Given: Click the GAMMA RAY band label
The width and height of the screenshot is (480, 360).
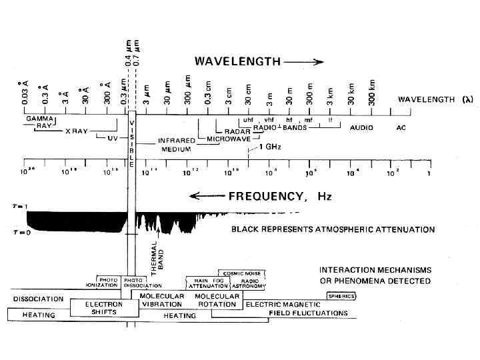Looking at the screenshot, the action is (39, 121).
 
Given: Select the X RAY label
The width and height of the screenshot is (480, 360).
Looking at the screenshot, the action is (76, 131).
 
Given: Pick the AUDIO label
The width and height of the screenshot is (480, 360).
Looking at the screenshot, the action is (362, 127).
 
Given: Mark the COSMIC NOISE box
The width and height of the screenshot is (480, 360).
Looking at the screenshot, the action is (243, 272).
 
